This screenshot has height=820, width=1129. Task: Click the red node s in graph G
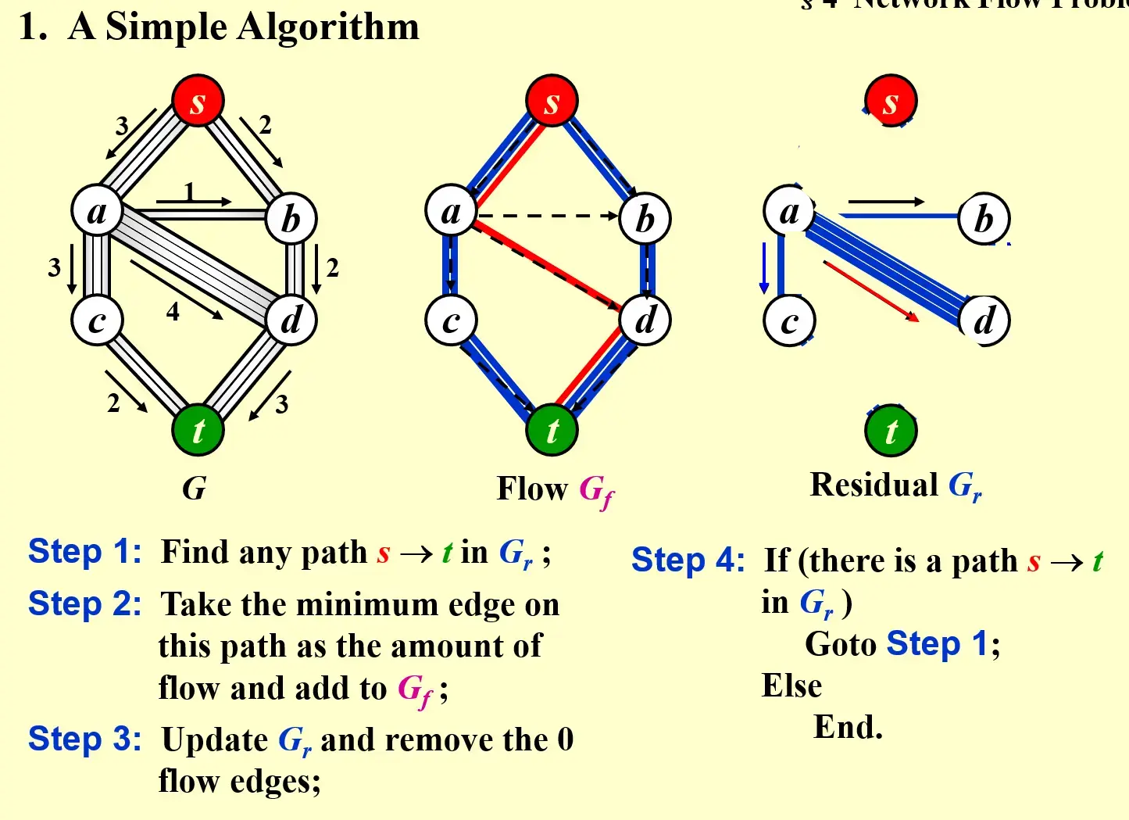pyautogui.click(x=198, y=101)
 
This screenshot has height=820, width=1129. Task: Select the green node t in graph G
pyautogui.click(x=198, y=430)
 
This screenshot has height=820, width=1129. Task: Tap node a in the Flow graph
pyautogui.click(x=451, y=211)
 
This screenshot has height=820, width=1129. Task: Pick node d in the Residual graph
pyautogui.click(x=984, y=320)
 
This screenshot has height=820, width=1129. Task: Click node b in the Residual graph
pyautogui.click(x=984, y=219)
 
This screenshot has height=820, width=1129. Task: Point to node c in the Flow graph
pyautogui.click(x=451, y=320)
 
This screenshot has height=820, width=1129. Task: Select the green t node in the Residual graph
pyautogui.click(x=891, y=431)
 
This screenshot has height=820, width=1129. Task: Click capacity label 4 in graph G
pyautogui.click(x=173, y=312)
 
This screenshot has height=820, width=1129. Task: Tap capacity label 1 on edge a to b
pyautogui.click(x=189, y=191)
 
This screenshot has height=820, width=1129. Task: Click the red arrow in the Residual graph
pyautogui.click(x=870, y=291)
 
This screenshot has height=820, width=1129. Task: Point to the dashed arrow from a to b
pyautogui.click(x=547, y=216)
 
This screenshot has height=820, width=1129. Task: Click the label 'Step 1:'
pyautogui.click(x=84, y=552)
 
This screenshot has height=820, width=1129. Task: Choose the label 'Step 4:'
pyautogui.click(x=688, y=560)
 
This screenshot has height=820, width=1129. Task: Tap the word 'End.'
pyautogui.click(x=848, y=727)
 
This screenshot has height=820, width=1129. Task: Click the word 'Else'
pyautogui.click(x=791, y=686)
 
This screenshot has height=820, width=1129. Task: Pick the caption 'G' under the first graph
pyautogui.click(x=194, y=489)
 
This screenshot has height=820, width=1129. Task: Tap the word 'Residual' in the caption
pyautogui.click(x=874, y=485)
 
